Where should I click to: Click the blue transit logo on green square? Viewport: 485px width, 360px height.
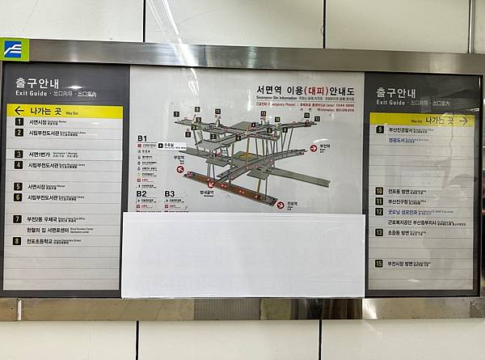pos(14,49)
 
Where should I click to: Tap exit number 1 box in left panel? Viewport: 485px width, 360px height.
pos(18,122)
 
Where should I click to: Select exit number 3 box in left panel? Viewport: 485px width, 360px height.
pos(18,154)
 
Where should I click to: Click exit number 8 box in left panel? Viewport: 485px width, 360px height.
pos(17,240)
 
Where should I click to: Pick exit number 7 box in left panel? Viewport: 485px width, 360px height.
pos(17,218)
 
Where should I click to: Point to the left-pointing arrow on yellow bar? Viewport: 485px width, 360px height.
pos(19,111)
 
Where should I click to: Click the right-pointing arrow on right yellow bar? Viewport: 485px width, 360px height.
pos(464,120)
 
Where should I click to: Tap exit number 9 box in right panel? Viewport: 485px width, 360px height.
pos(379,129)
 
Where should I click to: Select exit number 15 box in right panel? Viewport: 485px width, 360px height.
pos(378,263)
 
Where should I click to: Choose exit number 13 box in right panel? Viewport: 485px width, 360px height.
pos(378,232)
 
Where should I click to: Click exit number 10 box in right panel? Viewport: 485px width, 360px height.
pos(378,191)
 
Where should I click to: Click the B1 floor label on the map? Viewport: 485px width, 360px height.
pos(142,138)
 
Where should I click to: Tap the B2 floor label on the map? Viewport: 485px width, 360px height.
pos(141,193)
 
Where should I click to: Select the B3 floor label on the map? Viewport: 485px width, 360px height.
pos(170,193)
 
